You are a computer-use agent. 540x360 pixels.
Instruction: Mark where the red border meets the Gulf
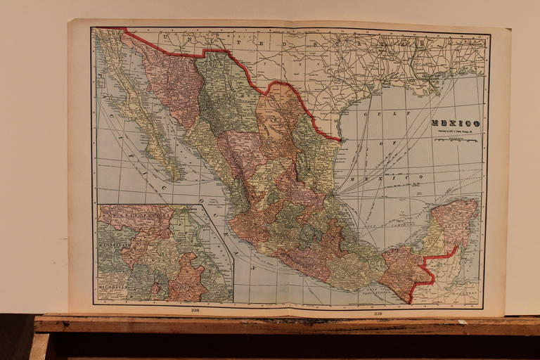pos(340,141)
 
